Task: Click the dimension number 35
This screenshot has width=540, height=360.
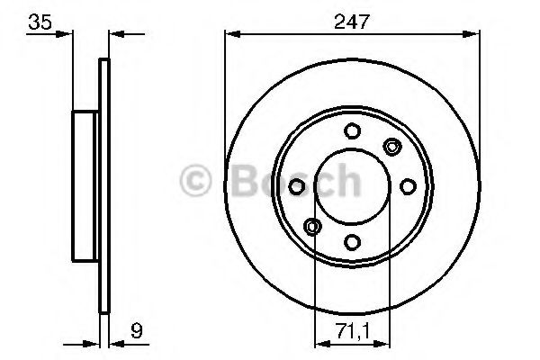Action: click(x=37, y=20)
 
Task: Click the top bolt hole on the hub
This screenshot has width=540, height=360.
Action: click(x=351, y=131)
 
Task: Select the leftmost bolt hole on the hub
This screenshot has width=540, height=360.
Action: click(x=296, y=185)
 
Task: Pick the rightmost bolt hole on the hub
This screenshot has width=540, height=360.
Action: click(x=407, y=185)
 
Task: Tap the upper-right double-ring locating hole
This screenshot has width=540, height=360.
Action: click(x=391, y=146)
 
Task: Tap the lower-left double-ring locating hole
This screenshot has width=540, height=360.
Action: click(x=311, y=225)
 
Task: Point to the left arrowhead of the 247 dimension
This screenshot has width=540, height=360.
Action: click(x=230, y=34)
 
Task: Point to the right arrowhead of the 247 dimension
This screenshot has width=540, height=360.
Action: click(x=472, y=34)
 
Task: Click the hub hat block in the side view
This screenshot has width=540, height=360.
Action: click(x=85, y=184)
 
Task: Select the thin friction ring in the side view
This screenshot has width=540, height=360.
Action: click(x=104, y=184)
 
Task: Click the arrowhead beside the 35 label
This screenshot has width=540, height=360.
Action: click(x=66, y=34)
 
